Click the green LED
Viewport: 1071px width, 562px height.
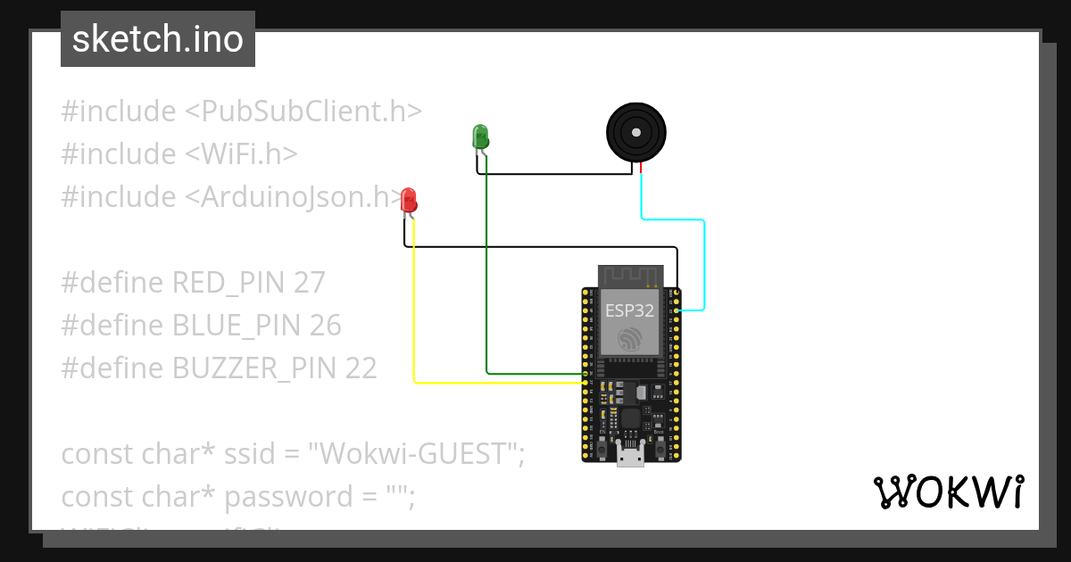(480, 136)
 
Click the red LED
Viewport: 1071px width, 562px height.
(409, 200)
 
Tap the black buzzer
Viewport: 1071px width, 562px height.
(635, 133)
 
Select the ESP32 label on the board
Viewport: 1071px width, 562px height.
(629, 310)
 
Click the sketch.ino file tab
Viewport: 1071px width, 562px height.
(158, 39)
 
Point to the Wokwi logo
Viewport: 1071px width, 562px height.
(947, 492)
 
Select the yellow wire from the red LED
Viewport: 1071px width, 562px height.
(414, 312)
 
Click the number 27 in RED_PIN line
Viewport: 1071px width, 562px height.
(309, 283)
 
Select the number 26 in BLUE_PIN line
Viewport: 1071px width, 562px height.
(325, 326)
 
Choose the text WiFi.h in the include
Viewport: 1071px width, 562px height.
(241, 154)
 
